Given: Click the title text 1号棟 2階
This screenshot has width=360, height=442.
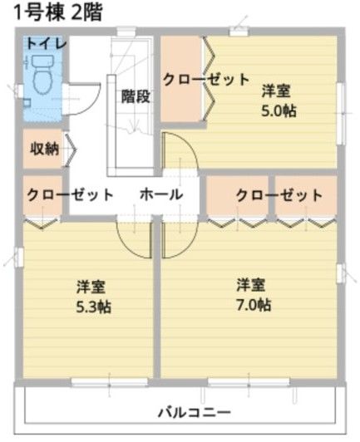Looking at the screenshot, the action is [x=58, y=13].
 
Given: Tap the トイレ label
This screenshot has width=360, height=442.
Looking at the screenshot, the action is [x=47, y=44].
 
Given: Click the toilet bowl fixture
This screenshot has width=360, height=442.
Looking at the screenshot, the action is [x=43, y=74].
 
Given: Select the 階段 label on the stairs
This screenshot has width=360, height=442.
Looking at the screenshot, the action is [x=136, y=96].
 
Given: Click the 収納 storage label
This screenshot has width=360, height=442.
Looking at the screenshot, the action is [x=44, y=149].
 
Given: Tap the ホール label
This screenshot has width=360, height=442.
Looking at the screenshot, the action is [x=161, y=194].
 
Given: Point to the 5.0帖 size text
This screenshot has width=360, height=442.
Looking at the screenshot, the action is [x=279, y=110].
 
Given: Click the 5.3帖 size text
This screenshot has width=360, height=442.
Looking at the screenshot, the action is [x=94, y=307].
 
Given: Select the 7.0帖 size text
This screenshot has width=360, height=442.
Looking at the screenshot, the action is [x=254, y=305].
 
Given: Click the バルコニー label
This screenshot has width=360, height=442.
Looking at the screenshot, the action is [x=195, y=413].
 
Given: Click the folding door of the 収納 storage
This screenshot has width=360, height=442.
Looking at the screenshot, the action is [x=70, y=150].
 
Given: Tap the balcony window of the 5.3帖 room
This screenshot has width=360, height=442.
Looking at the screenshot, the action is [x=110, y=382].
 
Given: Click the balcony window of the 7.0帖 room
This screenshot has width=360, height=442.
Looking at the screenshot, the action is [x=249, y=382].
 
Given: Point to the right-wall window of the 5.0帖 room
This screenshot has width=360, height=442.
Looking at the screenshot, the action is [x=341, y=114].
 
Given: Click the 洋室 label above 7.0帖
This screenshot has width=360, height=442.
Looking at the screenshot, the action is [x=251, y=285].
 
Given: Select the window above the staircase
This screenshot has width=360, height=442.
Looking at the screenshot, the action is [x=126, y=32].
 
